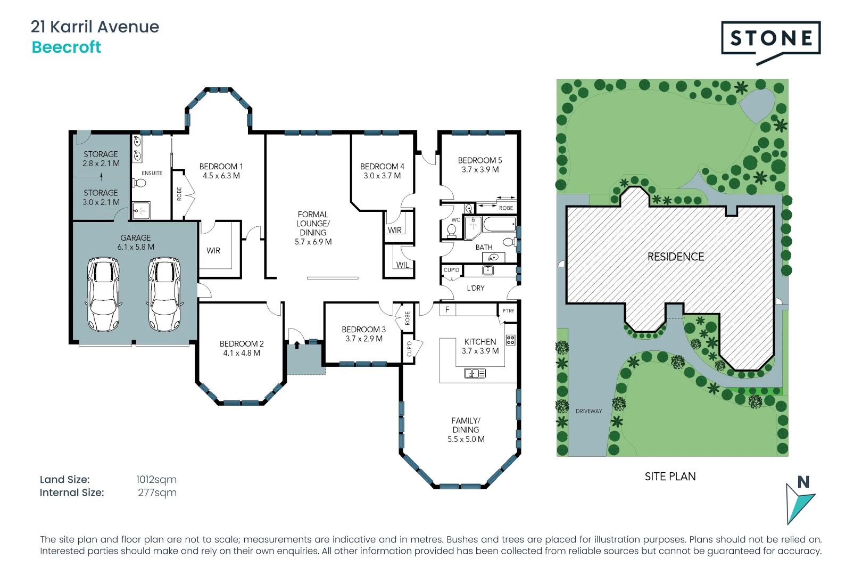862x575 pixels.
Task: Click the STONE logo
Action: (770, 38)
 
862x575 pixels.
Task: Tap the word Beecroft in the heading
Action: (67, 47)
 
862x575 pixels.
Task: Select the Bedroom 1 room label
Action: (221, 167)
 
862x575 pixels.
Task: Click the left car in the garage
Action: (103, 294)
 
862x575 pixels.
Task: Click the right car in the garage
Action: (164, 294)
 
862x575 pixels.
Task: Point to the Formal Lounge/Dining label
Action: (313, 224)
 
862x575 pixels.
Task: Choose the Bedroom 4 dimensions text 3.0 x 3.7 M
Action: (382, 176)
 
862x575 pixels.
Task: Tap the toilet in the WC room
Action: (452, 231)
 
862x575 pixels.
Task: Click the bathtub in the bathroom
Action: (499, 224)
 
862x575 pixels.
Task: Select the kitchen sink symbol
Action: (475, 374)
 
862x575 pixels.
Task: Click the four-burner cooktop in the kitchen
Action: (510, 340)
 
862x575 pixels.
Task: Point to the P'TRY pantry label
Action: (508, 311)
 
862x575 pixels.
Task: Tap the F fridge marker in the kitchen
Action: (447, 309)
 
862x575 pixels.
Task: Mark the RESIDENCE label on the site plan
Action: (675, 257)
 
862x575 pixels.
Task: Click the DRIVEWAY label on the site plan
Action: (589, 411)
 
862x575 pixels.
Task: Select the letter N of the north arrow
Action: (803, 482)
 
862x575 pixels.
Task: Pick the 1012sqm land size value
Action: (156, 480)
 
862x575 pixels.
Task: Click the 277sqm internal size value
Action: (157, 493)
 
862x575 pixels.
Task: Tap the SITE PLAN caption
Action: (670, 477)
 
